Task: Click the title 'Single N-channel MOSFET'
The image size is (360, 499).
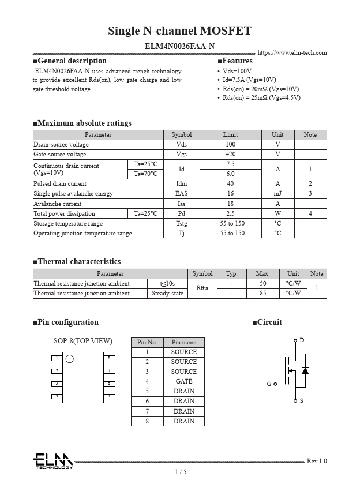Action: pyautogui.click(x=179, y=31)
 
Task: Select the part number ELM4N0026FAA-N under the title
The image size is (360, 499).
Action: pyautogui.click(x=179, y=46)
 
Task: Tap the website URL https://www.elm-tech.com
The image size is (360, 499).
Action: pyautogui.click(x=292, y=52)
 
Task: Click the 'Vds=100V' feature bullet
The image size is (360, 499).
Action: pyautogui.click(x=237, y=71)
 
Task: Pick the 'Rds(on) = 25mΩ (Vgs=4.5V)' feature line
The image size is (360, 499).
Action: pyautogui.click(x=261, y=97)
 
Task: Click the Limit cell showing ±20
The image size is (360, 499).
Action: pyautogui.click(x=230, y=154)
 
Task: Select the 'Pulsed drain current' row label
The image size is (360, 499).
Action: pyautogui.click(x=60, y=183)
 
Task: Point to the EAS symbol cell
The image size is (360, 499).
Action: pyautogui.click(x=182, y=193)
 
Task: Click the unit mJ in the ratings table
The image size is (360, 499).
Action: pyautogui.click(x=277, y=193)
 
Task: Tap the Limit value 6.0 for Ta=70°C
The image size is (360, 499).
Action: pyautogui.click(x=230, y=174)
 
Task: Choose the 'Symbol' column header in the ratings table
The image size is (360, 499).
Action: pyautogui.click(x=182, y=134)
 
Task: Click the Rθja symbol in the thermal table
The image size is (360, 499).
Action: pyautogui.click(x=202, y=288)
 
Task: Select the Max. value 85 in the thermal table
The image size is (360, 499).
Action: pyautogui.click(x=262, y=293)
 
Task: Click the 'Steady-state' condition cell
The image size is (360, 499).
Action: pyautogui.click(x=167, y=293)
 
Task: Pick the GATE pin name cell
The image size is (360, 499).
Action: pyautogui.click(x=184, y=381)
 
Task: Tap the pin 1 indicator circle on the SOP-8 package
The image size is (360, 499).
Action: pyautogui.click(x=70, y=359)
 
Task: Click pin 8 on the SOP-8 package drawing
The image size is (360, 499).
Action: pyautogui.click(x=109, y=358)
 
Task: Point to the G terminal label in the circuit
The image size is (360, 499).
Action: pyautogui.click(x=269, y=384)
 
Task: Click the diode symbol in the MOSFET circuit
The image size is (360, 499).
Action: pyautogui.click(x=305, y=370)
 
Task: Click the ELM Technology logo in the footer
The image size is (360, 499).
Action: pyautogui.click(x=52, y=461)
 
